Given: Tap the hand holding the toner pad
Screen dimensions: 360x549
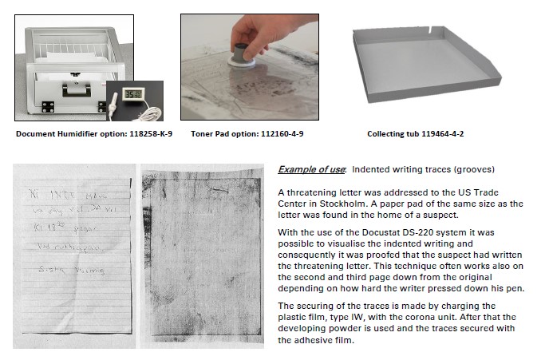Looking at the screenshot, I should (248, 30).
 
